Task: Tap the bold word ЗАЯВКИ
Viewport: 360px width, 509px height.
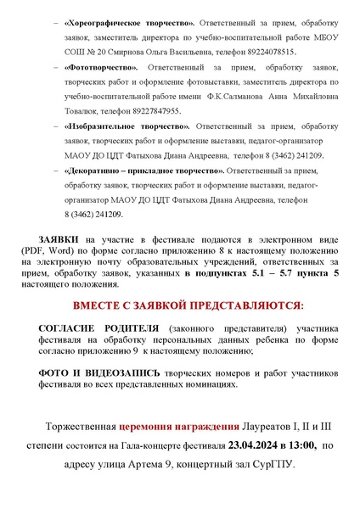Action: coord(60,240)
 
